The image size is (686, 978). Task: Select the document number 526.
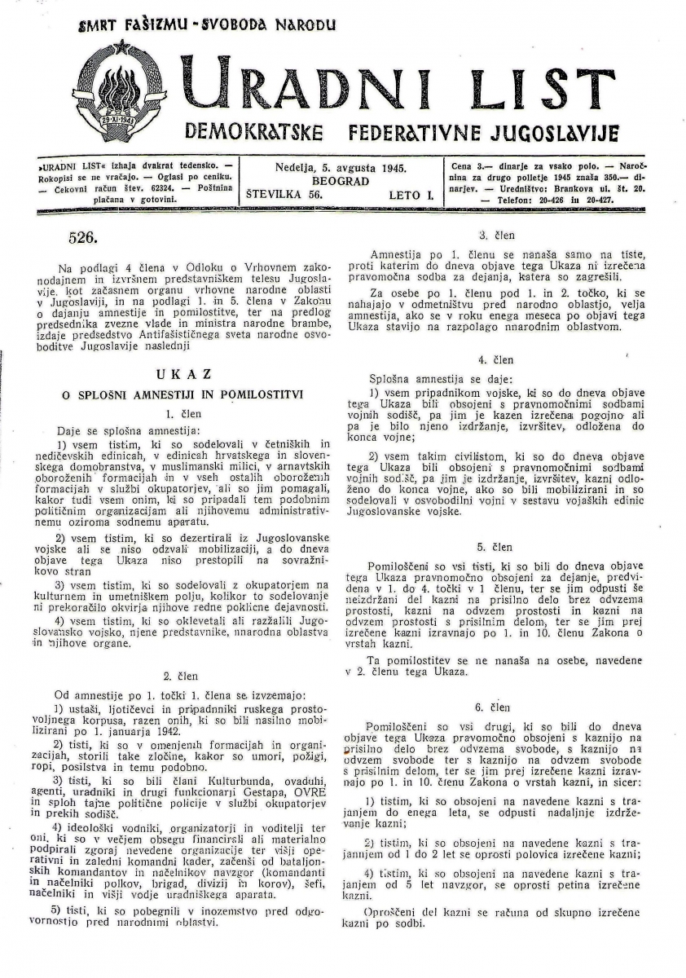point(83,239)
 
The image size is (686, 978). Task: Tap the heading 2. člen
point(178,676)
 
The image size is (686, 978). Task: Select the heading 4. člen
point(495,359)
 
